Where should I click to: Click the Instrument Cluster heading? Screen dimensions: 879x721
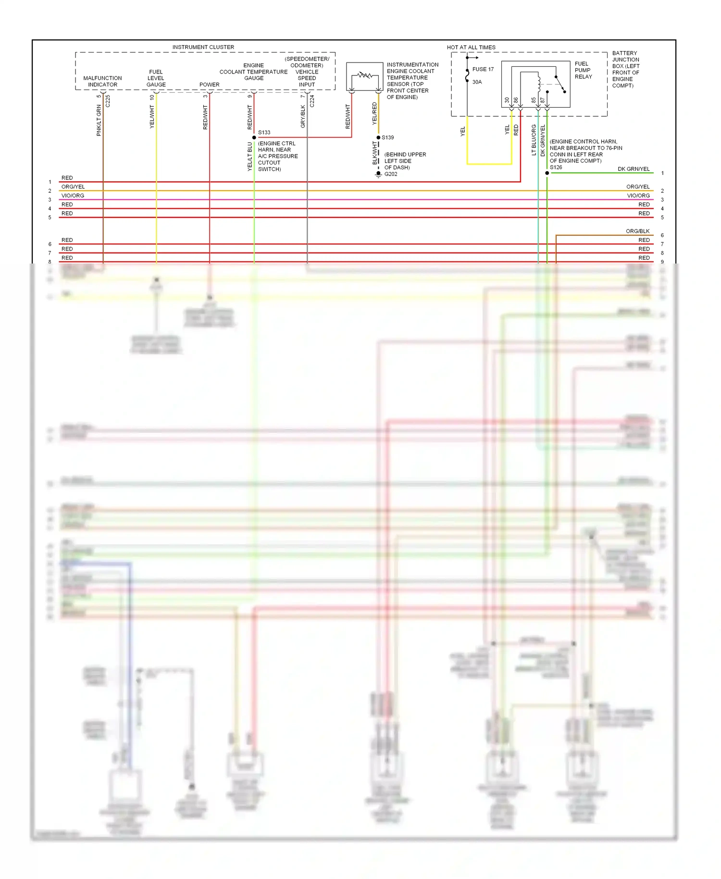[203, 47]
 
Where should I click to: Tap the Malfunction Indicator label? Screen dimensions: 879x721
[102, 81]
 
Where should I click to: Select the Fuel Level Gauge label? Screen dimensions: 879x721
[156, 78]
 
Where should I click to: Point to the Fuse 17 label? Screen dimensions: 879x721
[483, 69]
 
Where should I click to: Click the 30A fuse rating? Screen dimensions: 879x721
[477, 82]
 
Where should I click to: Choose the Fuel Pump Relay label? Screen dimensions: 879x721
[583, 70]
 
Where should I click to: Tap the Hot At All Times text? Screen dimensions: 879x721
[471, 47]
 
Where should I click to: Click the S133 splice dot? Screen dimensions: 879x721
[254, 138]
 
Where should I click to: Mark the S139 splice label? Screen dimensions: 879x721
[388, 138]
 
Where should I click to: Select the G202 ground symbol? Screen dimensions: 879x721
[378, 174]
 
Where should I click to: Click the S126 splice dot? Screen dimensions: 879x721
[547, 173]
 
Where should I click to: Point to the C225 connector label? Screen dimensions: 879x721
[108, 101]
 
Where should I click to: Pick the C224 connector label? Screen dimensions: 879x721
[312, 101]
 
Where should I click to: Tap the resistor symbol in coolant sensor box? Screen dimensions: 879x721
[365, 75]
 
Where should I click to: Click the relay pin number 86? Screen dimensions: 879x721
[516, 100]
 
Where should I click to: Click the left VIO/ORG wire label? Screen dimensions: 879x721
[73, 196]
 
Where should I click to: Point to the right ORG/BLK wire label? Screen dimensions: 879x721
[637, 231]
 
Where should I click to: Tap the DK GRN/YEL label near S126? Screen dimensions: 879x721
[634, 169]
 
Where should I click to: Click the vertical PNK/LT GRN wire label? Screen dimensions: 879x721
[99, 121]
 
